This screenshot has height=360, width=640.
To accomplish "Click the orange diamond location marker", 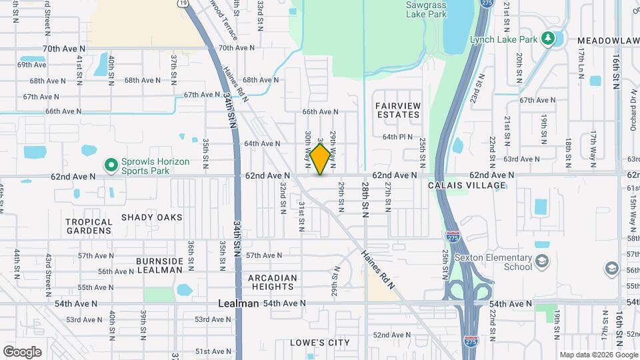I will tap(320, 159).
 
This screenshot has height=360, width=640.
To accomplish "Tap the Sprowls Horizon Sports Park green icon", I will tap(111, 164).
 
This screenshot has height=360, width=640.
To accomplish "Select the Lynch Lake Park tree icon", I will tap(549, 38).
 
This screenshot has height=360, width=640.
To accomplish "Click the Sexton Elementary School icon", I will tap(542, 260).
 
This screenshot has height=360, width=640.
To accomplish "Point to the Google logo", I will tap(22, 351).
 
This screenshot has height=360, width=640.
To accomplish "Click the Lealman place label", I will tap(239, 303).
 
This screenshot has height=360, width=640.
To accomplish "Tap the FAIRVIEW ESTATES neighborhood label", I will tap(397, 110).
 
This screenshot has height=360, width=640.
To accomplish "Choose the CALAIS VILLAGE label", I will tap(467, 185).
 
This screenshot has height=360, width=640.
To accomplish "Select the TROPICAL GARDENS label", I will tap(89, 226).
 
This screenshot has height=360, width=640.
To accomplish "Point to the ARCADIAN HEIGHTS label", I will tap(272, 282).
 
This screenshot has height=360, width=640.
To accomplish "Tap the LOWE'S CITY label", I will tap(320, 343).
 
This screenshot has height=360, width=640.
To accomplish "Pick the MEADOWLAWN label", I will tap(608, 41).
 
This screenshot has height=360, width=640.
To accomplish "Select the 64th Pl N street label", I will tap(398, 137).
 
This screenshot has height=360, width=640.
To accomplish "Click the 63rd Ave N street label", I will tap(521, 159).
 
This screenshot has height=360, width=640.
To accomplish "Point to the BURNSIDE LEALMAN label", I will tap(159, 265).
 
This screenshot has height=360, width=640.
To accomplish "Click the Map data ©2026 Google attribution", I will tap(598, 355).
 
